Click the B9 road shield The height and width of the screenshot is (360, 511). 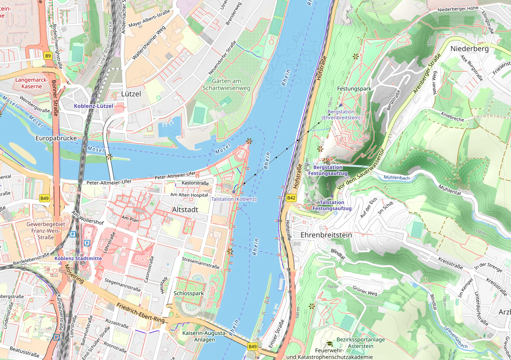tap(48, 56)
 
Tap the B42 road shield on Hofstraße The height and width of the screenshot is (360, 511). tap(292, 198)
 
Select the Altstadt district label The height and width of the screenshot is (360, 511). tap(185, 210)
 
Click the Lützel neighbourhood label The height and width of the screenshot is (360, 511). tap(131, 94)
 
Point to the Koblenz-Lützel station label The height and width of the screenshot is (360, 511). tap(93, 106)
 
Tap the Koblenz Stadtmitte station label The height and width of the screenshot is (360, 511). tap(78, 259)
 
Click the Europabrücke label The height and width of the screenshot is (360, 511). tap(56, 138)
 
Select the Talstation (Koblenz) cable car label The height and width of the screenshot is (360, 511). tap(233, 199)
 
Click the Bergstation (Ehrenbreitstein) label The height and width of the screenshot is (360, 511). tap(344, 114)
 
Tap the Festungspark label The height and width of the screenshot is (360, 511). tap(354, 89)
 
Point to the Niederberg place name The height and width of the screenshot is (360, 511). tap(469, 48)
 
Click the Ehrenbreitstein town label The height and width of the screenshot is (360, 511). tap(326, 235)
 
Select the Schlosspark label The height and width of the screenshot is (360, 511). tap(188, 293)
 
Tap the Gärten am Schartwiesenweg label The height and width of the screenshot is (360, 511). tap(226, 84)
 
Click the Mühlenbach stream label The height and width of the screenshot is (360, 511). tap(397, 178)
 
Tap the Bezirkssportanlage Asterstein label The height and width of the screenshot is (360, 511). tap(361, 342)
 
